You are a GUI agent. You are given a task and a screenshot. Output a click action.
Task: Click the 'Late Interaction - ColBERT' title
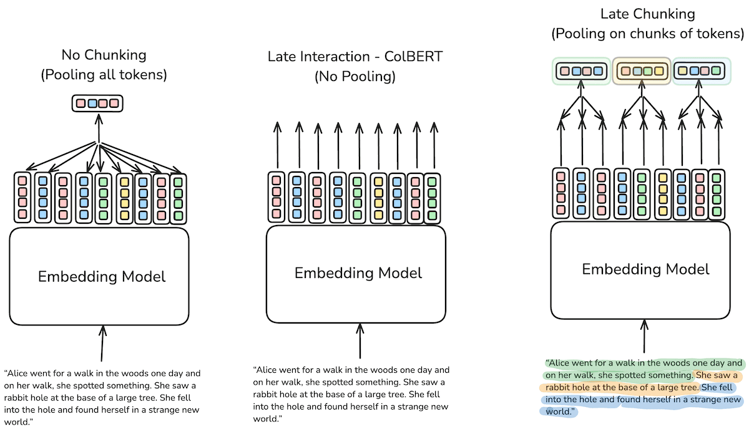355,57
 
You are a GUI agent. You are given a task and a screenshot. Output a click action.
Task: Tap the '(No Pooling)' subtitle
355,77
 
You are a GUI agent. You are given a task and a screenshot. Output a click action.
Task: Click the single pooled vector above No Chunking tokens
98,103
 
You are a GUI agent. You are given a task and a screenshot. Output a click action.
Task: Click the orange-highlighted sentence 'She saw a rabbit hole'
718,376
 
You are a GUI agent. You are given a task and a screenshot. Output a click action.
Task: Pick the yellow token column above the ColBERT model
378,197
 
